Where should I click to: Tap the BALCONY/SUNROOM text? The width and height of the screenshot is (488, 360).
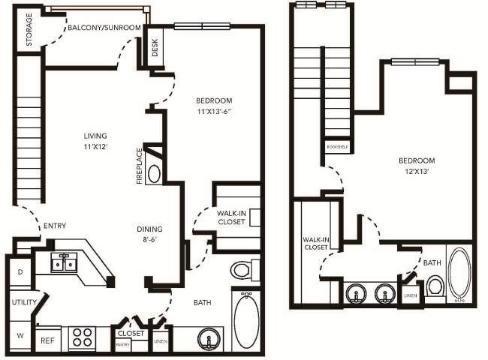coord(104,28)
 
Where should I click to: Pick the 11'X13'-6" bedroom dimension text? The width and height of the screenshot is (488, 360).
coord(213,112)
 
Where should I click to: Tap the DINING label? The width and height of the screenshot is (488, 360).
coord(149,229)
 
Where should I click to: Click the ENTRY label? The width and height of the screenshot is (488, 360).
coord(55,226)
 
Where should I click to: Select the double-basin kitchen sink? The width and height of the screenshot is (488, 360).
coord(64,262)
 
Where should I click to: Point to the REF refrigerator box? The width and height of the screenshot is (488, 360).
coord(47,338)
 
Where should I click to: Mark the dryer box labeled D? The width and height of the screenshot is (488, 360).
coord(20,271)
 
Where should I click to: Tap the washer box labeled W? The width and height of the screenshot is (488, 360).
coord(20,334)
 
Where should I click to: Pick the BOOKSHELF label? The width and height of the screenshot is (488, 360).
coord(335,146)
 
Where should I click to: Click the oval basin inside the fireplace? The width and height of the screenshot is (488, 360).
coord(153,174)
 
